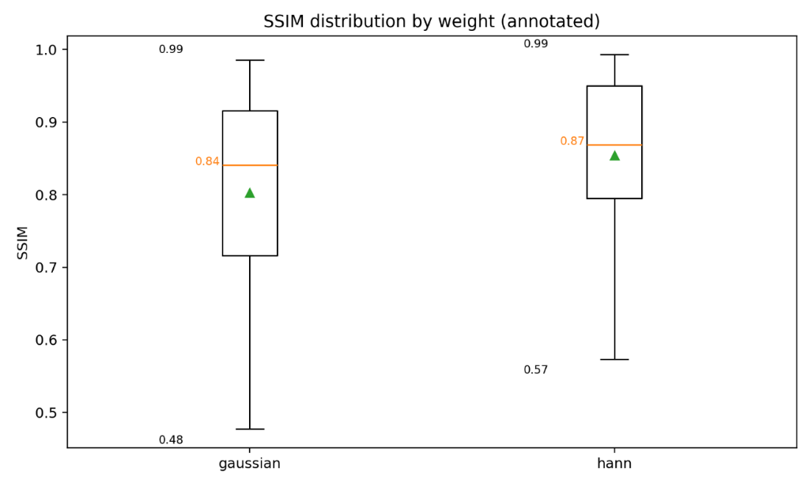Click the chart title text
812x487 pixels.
coord(431,21)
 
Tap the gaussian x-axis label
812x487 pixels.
coord(250,464)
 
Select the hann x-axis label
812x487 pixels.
coord(614,464)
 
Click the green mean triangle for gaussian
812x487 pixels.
coord(250,193)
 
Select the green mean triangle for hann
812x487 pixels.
coord(614,156)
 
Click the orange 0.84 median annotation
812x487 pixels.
coord(207,161)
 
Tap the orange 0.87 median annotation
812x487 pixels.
coord(572,141)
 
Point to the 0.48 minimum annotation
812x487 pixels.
coord(171,440)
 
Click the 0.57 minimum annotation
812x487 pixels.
coord(535,369)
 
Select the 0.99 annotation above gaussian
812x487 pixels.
coord(171,49)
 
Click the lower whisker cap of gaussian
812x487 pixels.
coord(250,428)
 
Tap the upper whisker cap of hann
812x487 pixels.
coord(614,55)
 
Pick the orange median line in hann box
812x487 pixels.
coord(614,145)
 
